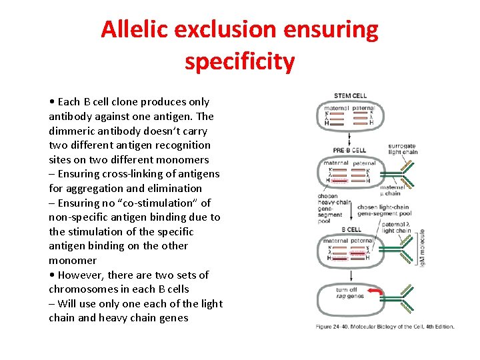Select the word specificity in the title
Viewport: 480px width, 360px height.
pos(239,61)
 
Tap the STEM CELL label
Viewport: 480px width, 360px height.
pos(350,96)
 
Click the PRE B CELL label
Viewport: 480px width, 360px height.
pos(349,151)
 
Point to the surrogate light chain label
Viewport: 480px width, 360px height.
pos(403,148)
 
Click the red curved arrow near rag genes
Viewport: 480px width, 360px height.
pos(376,293)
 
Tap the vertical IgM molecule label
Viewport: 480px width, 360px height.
pos(422,247)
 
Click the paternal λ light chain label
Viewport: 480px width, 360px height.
pos(397,228)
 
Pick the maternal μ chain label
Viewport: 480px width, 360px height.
pos(392,191)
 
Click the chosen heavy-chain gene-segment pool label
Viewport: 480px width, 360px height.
pos(333,207)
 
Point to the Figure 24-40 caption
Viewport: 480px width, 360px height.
pos(385,326)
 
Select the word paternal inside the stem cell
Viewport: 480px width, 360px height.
pos(363,108)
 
